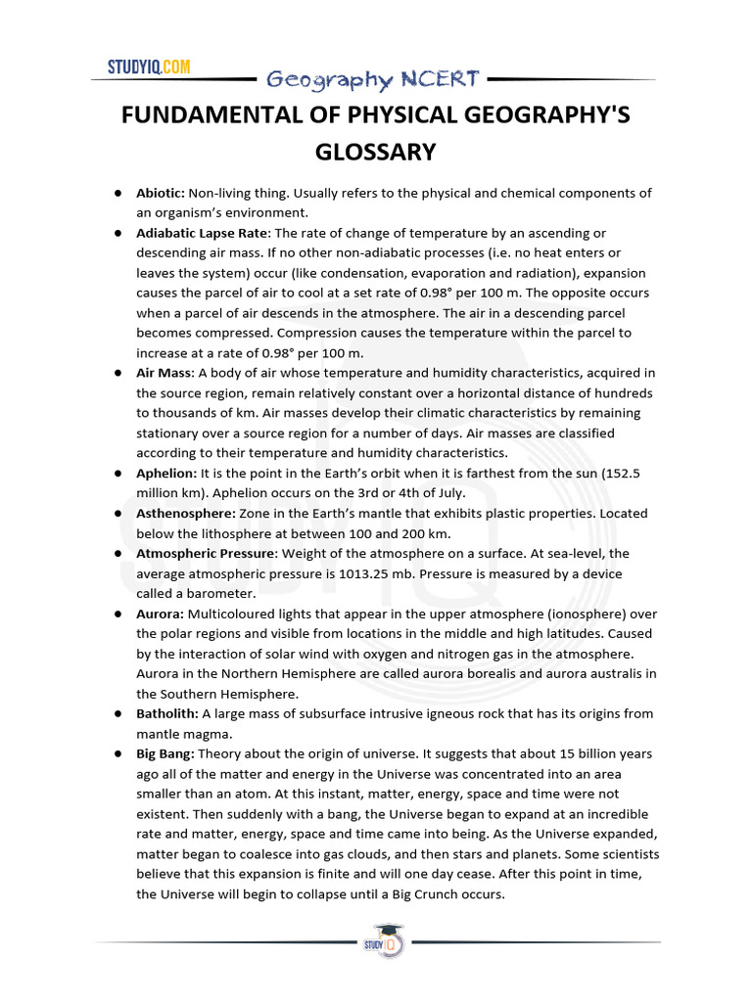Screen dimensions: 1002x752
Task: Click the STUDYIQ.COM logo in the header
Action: tap(149, 68)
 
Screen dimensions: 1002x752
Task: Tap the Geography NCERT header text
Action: tap(372, 79)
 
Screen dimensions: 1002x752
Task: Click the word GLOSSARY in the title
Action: tap(375, 152)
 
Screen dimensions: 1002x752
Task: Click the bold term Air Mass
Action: tap(164, 373)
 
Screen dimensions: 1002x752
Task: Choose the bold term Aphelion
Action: tap(166, 473)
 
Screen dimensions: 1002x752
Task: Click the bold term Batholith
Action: tap(167, 713)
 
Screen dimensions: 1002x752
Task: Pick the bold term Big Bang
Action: tap(165, 753)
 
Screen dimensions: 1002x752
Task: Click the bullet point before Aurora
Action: tap(117, 615)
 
